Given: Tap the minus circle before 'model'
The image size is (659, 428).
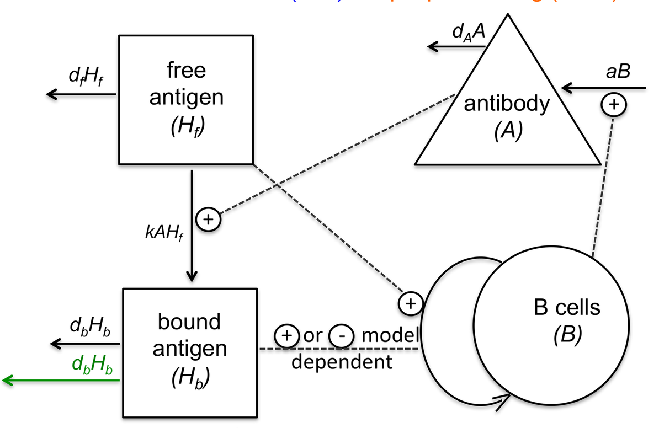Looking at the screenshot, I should click(x=339, y=335).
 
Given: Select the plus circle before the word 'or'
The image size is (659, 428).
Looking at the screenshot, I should click(x=286, y=335).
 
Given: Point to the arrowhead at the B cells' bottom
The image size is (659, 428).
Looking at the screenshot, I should click(x=501, y=403).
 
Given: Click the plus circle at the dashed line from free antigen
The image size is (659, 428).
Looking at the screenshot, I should click(x=410, y=303).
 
